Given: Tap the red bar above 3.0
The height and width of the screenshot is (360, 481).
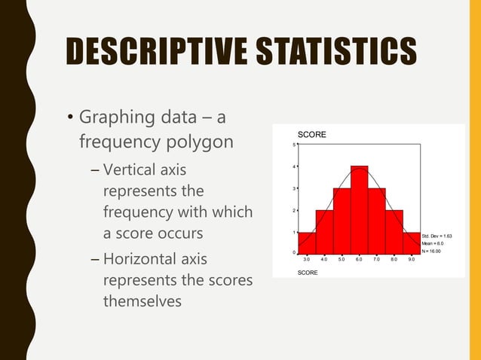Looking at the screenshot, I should tap(306, 243).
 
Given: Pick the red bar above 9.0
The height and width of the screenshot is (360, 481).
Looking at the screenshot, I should tap(412, 243).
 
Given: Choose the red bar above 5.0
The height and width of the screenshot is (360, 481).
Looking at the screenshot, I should tap(342, 221).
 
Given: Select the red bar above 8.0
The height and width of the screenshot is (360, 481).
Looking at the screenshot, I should tap(394, 231).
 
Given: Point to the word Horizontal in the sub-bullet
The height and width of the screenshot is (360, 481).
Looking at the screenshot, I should tap(144, 261).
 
